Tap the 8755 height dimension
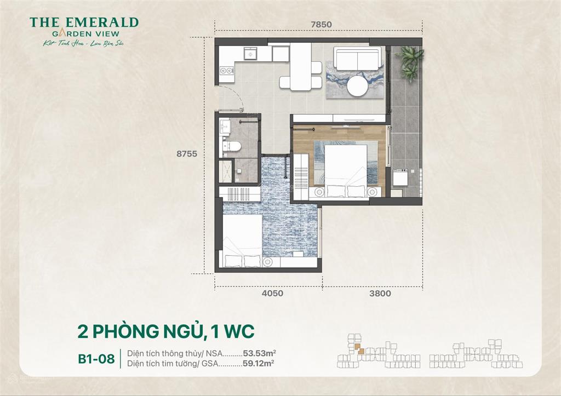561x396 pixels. pyautogui.click(x=187, y=154)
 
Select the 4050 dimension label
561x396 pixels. pyautogui.click(x=272, y=294)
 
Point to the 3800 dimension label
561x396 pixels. pyautogui.click(x=380, y=294)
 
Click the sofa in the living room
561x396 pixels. pyautogui.click(x=357, y=59)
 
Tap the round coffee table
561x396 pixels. pyautogui.click(x=359, y=86)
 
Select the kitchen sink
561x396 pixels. pyautogui.click(x=250, y=54)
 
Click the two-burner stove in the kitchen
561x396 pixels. pyautogui.click(x=226, y=70)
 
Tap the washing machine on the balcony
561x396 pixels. pyautogui.click(x=400, y=179)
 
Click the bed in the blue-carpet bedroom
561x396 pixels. pyautogui.click(x=242, y=240)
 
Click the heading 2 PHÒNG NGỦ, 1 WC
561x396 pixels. pyautogui.click(x=166, y=332)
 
